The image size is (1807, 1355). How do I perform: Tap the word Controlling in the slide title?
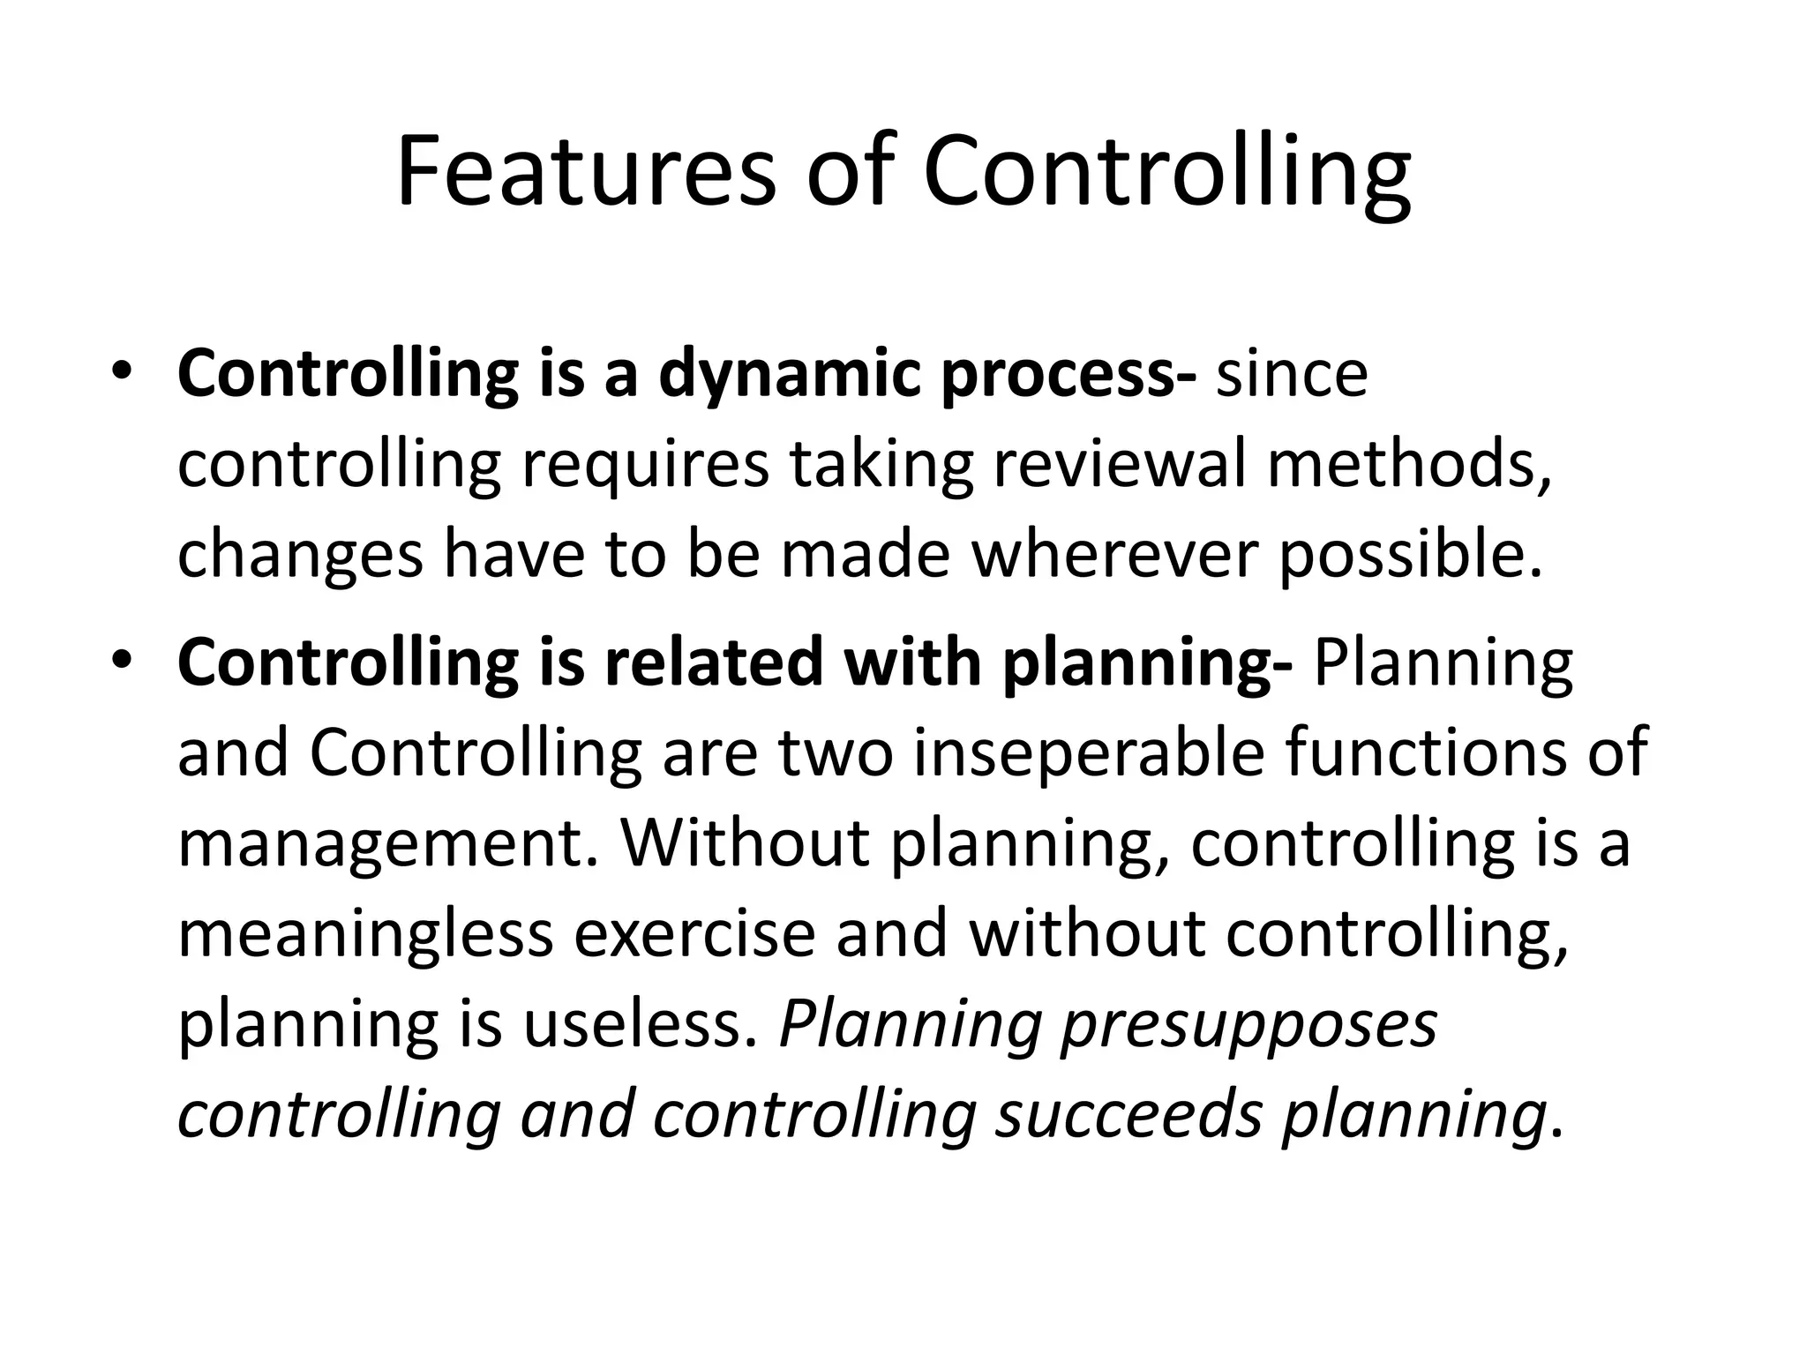(1166, 171)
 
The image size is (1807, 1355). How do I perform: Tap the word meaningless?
(365, 934)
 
